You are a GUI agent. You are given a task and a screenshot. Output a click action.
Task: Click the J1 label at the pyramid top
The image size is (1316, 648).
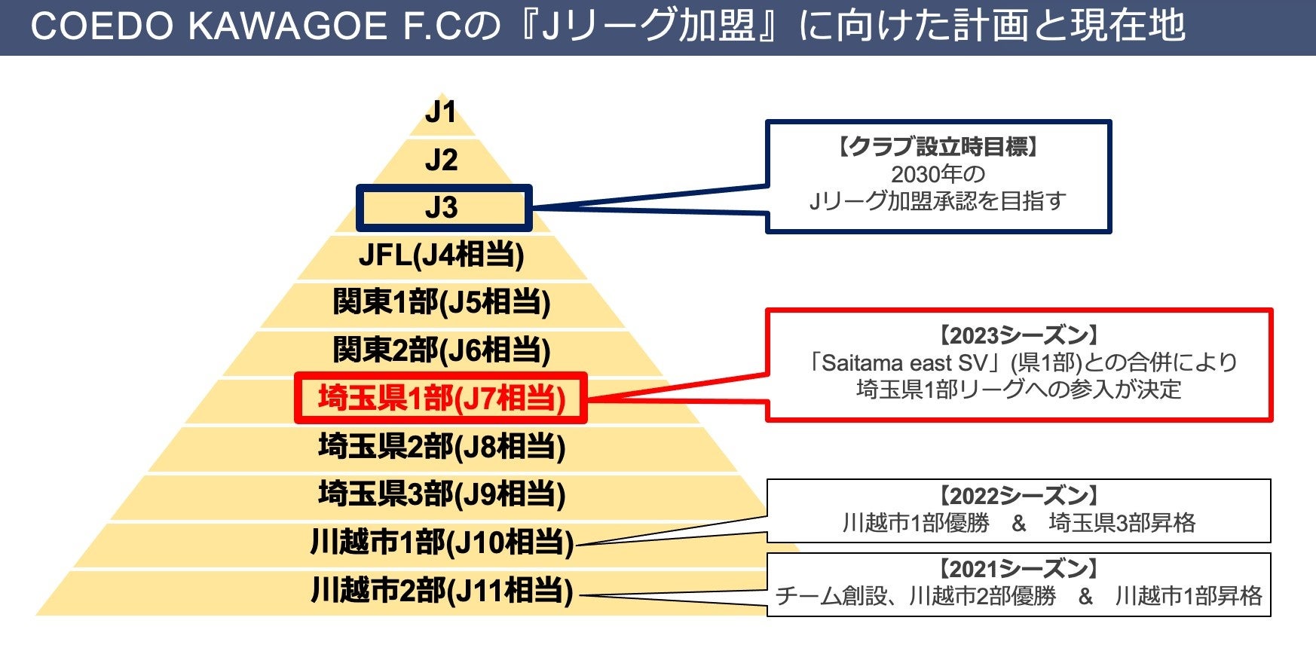pos(441,113)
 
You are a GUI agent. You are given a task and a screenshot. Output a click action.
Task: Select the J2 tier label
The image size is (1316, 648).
pos(441,160)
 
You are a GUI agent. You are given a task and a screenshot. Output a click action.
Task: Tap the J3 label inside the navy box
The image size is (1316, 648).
pos(442,207)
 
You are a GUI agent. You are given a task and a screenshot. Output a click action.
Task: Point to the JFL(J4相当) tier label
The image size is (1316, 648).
pos(441,255)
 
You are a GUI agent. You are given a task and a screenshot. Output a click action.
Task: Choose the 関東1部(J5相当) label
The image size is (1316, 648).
pos(441,303)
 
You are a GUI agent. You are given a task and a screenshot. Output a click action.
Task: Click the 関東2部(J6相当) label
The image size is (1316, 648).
pos(441,350)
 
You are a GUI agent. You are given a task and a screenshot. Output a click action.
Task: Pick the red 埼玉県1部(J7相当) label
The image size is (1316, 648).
pos(441,399)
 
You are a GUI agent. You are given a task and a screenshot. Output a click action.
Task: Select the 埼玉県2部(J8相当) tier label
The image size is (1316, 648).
pos(441,447)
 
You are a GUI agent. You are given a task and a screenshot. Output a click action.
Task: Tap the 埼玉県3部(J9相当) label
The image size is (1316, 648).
pos(441,494)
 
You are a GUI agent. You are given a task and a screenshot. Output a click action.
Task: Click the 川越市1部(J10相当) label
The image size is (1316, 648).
pos(441,543)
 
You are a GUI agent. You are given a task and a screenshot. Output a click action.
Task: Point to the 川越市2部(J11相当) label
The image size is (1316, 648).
pos(441,591)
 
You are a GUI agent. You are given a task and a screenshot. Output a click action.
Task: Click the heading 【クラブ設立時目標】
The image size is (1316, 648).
pos(938,146)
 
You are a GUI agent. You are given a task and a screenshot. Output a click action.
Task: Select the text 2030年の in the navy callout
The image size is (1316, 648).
pos(938,174)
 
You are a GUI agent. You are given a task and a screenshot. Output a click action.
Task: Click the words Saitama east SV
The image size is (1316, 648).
pos(904,363)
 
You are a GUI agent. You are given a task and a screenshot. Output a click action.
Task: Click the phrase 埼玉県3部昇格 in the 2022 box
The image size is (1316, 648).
pos(1122,523)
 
